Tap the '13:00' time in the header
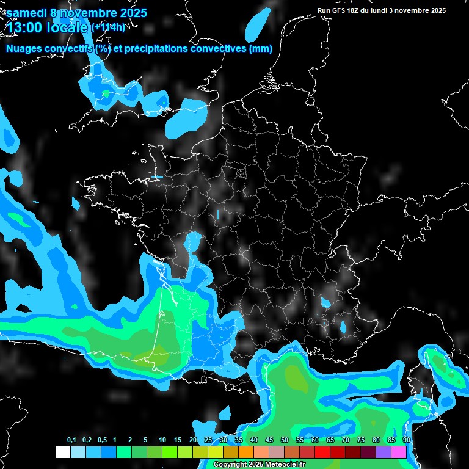24,26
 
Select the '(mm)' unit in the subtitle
261,49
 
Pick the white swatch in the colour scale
62,452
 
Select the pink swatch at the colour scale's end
399,452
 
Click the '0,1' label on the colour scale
71,440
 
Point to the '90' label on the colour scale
406,440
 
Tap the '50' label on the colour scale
285,440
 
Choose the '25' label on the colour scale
208,440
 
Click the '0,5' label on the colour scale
102,440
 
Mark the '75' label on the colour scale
360,440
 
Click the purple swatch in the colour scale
384,452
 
